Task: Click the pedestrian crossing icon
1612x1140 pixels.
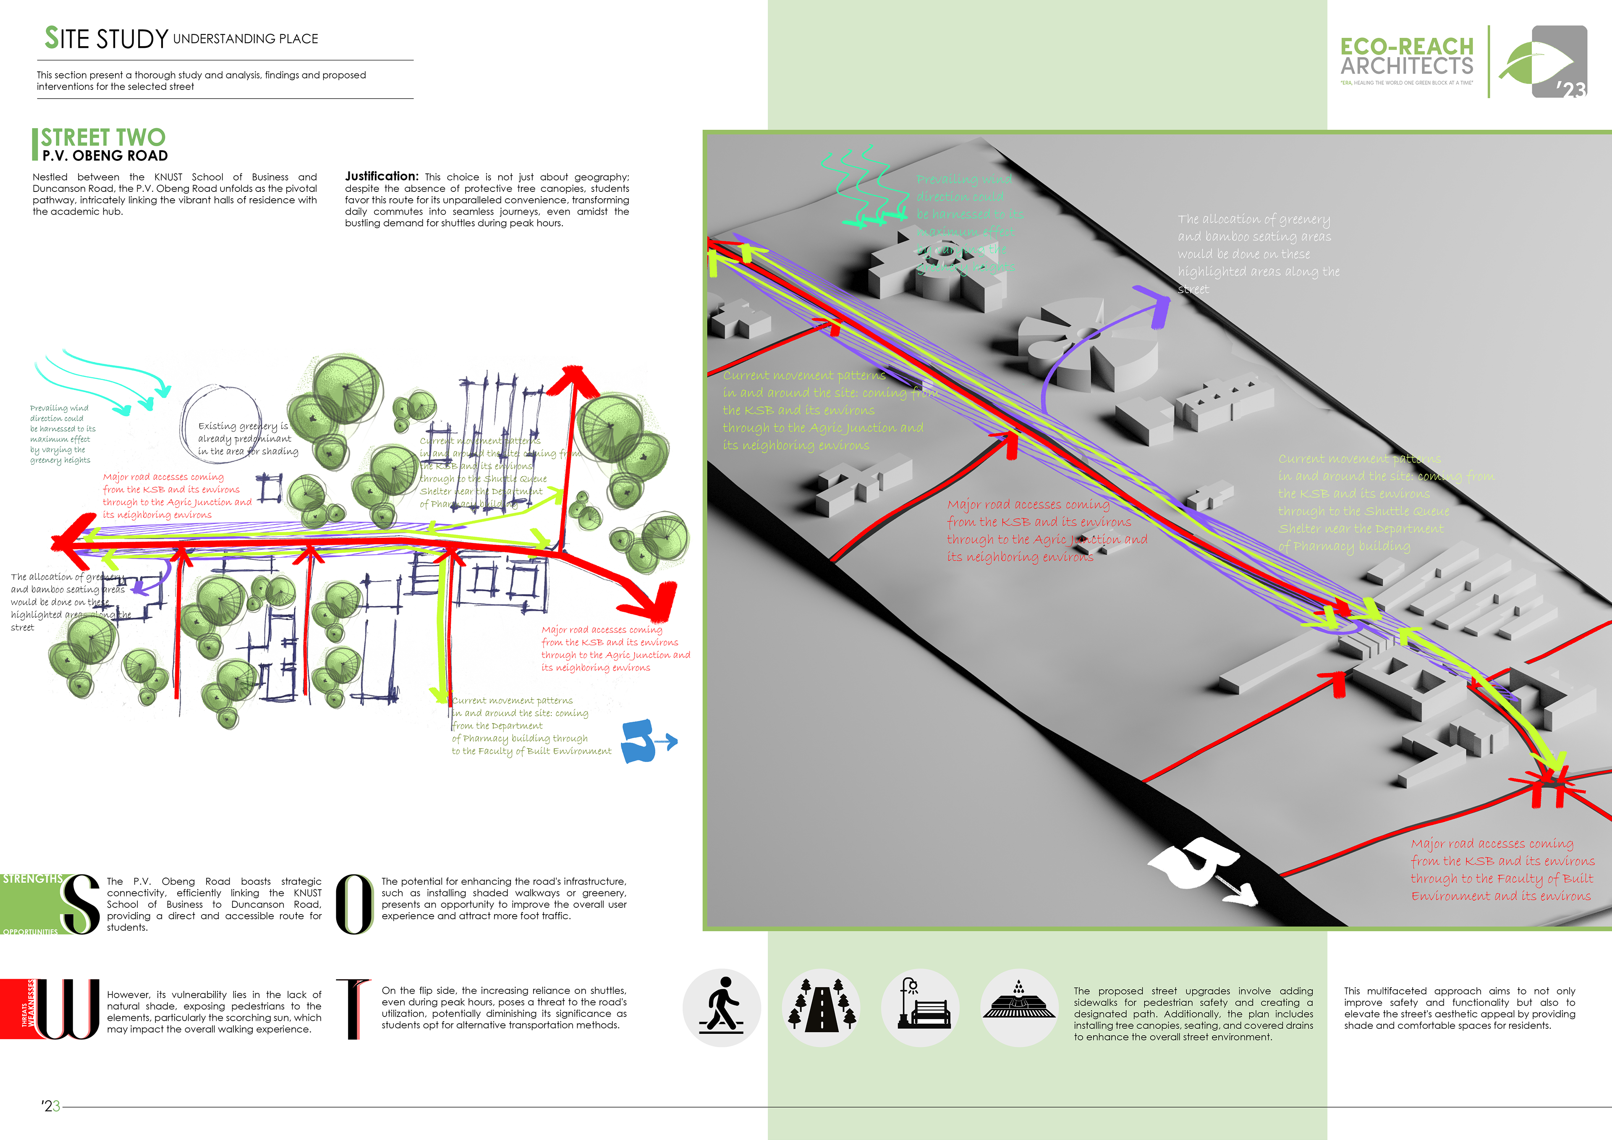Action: [721, 1007]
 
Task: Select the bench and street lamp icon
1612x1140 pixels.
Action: [920, 1007]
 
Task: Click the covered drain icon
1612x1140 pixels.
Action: [1019, 1007]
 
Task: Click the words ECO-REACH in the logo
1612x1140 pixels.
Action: [1406, 46]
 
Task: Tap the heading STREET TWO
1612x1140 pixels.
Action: [103, 136]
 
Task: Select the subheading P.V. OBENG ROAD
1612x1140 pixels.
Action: [105, 156]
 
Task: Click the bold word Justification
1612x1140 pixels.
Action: [381, 176]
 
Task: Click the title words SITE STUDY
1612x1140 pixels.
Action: [107, 39]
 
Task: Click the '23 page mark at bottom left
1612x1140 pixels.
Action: [50, 1106]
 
